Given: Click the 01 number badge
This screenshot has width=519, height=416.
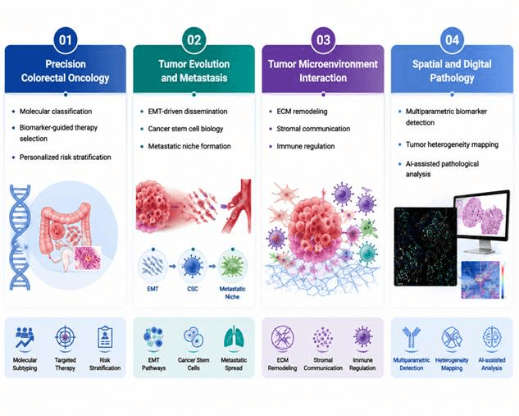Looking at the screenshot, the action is click(x=66, y=40).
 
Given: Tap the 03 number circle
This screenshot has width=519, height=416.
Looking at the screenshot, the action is click(x=323, y=40).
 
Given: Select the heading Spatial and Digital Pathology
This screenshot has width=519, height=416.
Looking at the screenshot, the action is click(x=452, y=71).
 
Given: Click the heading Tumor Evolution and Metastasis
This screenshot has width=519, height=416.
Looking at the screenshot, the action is click(x=194, y=71).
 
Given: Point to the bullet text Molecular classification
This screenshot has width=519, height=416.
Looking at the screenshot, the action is click(x=56, y=112).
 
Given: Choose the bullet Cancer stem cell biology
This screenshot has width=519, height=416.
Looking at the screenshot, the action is click(x=185, y=129).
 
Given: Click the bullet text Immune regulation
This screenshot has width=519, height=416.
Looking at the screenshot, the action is click(x=306, y=146).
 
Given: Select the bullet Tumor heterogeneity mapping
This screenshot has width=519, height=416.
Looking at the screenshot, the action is click(x=452, y=144).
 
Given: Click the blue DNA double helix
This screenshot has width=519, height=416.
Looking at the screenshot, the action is click(x=20, y=237).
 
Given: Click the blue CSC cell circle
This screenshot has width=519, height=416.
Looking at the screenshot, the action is click(x=193, y=266).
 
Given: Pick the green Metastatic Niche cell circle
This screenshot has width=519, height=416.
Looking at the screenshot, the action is click(x=232, y=266).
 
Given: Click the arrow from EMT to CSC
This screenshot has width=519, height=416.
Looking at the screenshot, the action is click(x=172, y=266).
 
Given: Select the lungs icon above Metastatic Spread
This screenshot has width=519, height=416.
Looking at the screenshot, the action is click(x=234, y=337).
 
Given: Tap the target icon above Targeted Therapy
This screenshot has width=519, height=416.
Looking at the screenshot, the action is click(x=66, y=337).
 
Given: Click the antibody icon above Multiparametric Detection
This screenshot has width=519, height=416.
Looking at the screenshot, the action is click(x=411, y=337).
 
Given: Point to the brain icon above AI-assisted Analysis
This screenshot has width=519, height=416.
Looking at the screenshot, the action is click(x=492, y=337).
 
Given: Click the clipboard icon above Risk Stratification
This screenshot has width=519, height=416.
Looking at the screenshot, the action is click(x=105, y=337).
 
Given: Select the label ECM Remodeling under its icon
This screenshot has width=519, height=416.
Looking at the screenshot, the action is click(x=282, y=363).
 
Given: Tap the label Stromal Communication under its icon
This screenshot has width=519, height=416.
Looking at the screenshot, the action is click(x=323, y=363).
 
